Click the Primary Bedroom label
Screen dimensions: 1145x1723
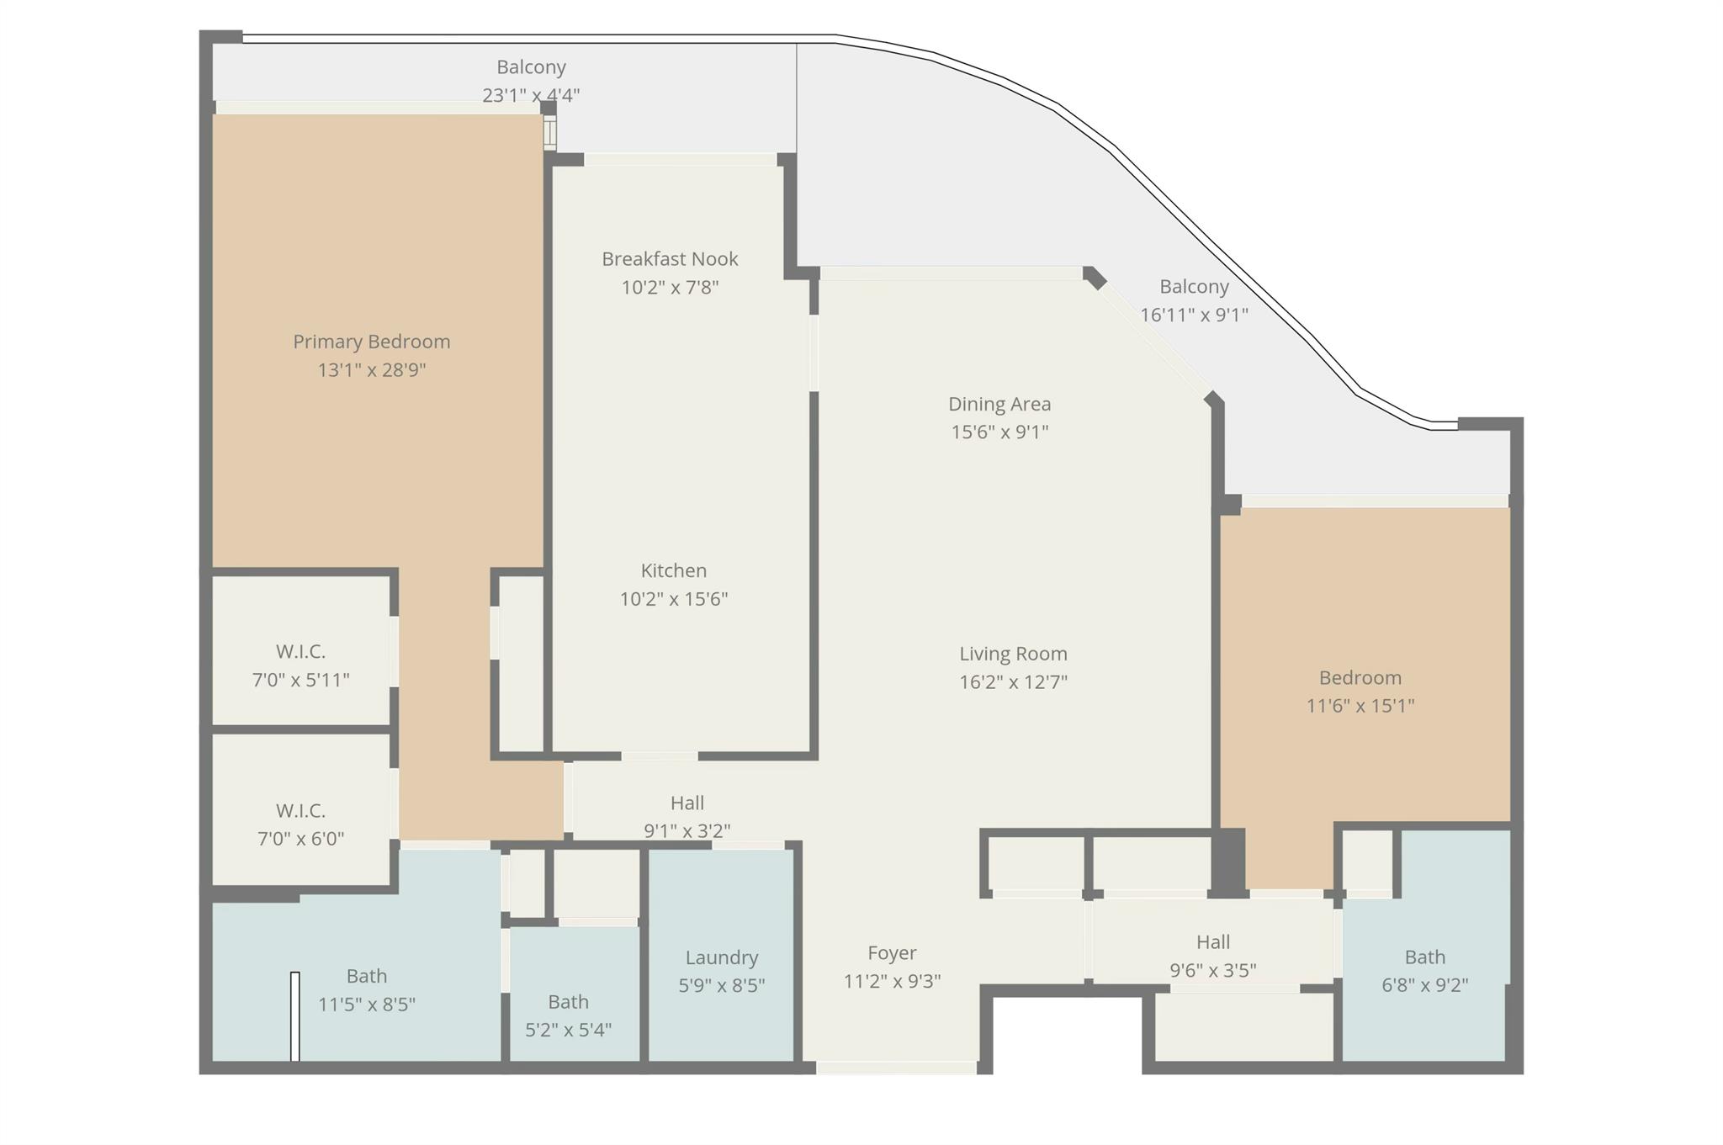point(371,342)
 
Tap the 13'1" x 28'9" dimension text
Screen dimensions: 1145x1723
point(371,370)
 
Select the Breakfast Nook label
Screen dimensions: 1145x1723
point(670,259)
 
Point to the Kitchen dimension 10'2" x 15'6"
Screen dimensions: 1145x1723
point(673,599)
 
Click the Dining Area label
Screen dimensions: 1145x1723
point(999,404)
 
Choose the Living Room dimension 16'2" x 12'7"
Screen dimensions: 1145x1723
point(1013,682)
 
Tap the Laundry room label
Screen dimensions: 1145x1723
point(721,957)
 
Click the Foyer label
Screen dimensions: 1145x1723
point(892,953)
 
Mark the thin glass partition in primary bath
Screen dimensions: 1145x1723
point(294,1015)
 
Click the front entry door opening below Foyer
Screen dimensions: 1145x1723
point(896,1068)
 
